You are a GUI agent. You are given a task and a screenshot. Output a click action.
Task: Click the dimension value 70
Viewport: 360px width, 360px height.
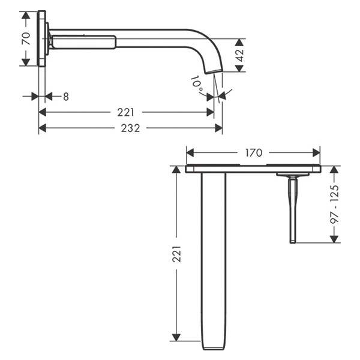pyautogui.click(x=26, y=39)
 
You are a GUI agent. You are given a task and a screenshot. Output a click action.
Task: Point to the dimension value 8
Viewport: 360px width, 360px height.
pyautogui.click(x=65, y=96)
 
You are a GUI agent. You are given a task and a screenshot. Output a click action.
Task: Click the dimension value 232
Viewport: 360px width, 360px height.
pyautogui.click(x=130, y=128)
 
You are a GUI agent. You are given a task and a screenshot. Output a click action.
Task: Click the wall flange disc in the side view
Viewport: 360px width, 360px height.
pyautogui.click(x=41, y=39)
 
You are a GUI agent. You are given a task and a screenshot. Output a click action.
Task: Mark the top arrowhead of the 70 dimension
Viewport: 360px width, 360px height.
pyautogui.click(x=26, y=14)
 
